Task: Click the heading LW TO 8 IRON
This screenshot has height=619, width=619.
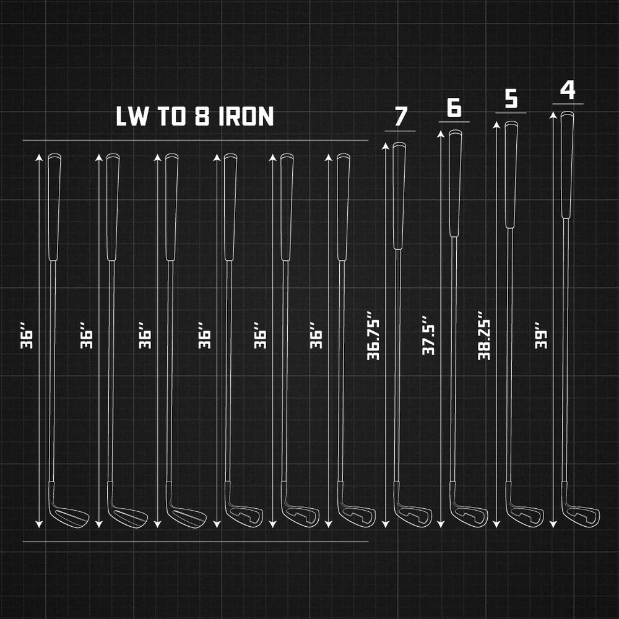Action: tap(194, 116)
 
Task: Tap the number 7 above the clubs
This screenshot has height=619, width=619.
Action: tap(400, 116)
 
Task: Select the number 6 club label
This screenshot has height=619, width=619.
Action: tap(454, 107)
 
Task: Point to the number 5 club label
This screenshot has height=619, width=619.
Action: tap(511, 98)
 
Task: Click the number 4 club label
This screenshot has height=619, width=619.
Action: tap(568, 90)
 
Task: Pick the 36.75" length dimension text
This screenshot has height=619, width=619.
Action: tap(373, 335)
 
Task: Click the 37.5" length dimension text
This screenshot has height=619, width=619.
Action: tap(428, 335)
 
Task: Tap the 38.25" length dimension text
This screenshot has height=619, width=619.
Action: tap(484, 335)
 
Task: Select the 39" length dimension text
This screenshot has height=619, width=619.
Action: tap(541, 335)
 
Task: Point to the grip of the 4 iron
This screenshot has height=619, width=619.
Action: tap(567, 165)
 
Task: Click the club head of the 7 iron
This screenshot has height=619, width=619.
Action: tap(412, 513)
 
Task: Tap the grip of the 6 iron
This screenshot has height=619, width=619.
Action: tap(455, 183)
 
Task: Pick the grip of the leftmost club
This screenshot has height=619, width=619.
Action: tap(54, 207)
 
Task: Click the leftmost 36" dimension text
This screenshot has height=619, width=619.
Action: tap(27, 335)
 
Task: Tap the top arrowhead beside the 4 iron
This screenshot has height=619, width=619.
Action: tap(553, 115)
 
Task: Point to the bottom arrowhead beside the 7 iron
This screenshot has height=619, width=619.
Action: tap(386, 524)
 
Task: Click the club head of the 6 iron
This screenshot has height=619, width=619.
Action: tap(469, 513)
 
